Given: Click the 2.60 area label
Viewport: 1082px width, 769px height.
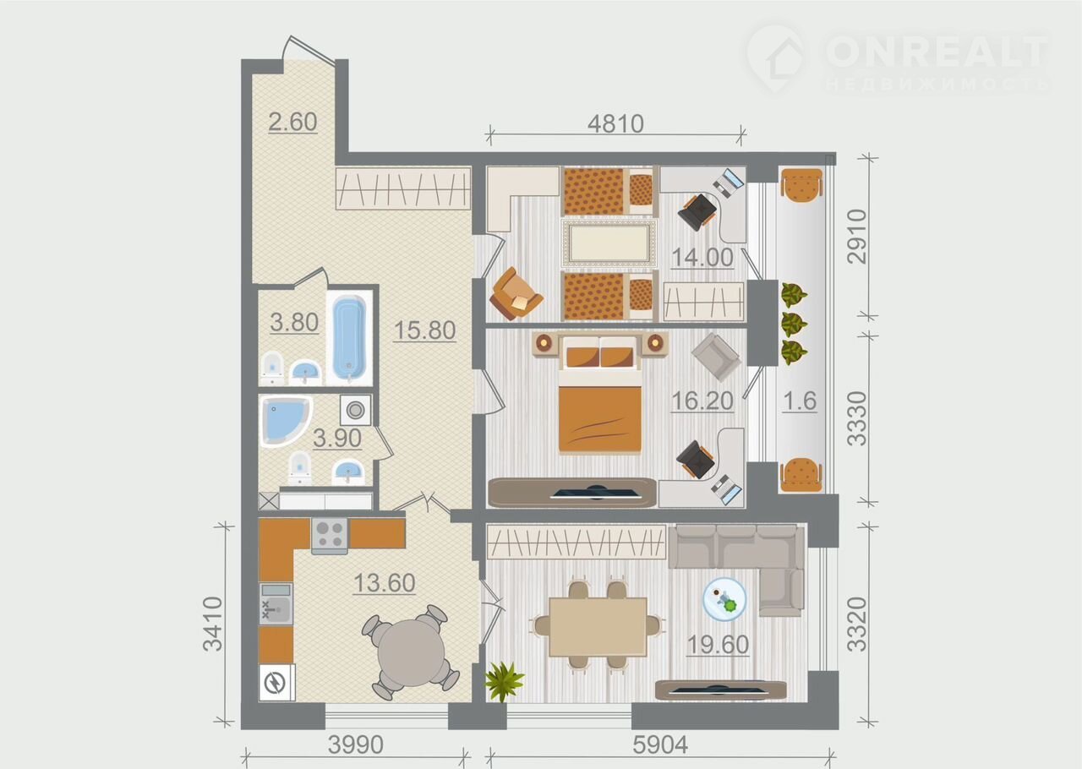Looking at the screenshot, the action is pos(292,122).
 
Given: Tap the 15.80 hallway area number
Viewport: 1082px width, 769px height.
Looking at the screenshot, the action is pos(424,330).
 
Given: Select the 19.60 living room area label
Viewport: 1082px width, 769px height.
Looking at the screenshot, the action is pos(718,645).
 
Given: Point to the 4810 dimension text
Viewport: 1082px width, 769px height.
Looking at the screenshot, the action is pos(616,124).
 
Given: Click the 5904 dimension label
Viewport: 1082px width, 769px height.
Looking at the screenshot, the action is pos(660,744).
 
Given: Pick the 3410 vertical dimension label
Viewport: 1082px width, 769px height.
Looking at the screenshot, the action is pos(212,624).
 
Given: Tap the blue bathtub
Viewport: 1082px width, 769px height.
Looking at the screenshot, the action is pos(349,339).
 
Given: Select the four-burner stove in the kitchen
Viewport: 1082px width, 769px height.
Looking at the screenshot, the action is pos(330,536).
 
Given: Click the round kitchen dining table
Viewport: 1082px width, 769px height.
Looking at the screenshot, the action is pos(411,652).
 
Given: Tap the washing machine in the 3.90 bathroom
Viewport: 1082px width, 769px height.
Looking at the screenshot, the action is pos(356,410).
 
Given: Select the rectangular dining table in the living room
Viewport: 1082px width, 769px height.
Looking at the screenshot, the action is pos(598,626).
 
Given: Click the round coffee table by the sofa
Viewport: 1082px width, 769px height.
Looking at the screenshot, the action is pos(724,599).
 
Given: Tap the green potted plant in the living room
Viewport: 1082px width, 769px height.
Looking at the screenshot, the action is pos(504,682).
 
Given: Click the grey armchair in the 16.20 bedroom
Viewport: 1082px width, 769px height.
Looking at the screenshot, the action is pos(716,357).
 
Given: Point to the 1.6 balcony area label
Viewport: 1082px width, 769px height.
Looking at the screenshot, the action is pos(800,401).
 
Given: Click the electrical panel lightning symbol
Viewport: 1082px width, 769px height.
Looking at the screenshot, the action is pos(276,683).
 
